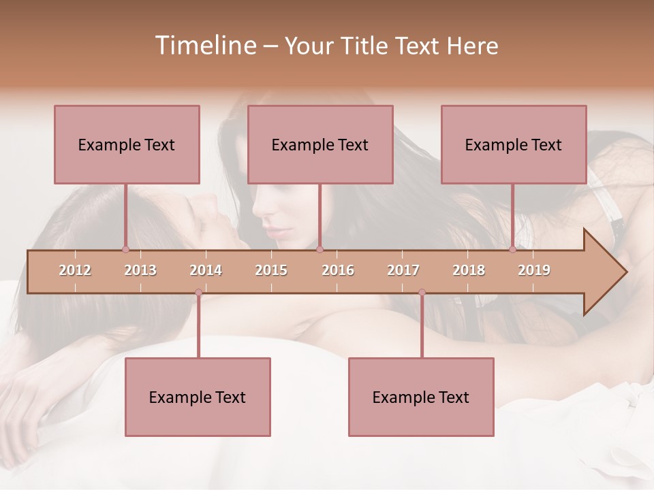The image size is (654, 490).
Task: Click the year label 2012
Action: point(75,270)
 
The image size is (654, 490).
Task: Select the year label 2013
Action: point(140,270)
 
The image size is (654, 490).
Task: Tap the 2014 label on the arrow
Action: point(206,270)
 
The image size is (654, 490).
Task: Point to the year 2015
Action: point(271,270)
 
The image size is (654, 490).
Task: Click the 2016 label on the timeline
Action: point(338,270)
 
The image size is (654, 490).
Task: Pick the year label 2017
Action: point(403,270)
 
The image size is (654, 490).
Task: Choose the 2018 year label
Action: point(469,270)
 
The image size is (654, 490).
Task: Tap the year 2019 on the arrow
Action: point(534,270)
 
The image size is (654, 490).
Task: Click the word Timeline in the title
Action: point(204,46)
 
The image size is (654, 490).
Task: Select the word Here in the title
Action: point(472,46)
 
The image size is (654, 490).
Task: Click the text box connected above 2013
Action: point(127,144)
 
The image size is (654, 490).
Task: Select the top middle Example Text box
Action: point(320,144)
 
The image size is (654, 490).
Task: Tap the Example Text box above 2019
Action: point(514,144)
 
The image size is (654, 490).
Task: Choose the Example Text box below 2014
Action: point(198,397)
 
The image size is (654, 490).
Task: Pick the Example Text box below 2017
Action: point(421,397)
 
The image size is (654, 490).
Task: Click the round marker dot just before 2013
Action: point(125,249)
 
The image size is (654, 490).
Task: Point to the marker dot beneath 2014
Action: point(198,293)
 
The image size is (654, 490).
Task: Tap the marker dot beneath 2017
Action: point(422,293)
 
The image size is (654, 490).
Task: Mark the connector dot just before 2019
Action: point(512,249)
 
